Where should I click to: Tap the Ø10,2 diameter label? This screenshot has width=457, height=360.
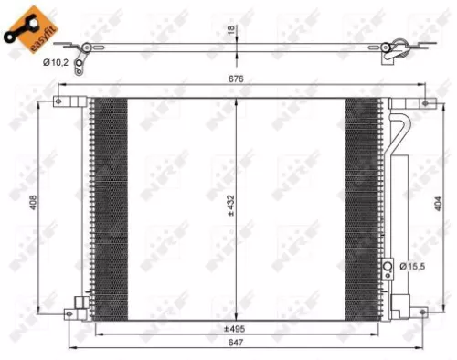(x=56, y=62)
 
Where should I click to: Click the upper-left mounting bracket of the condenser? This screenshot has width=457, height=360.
(x=64, y=100)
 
